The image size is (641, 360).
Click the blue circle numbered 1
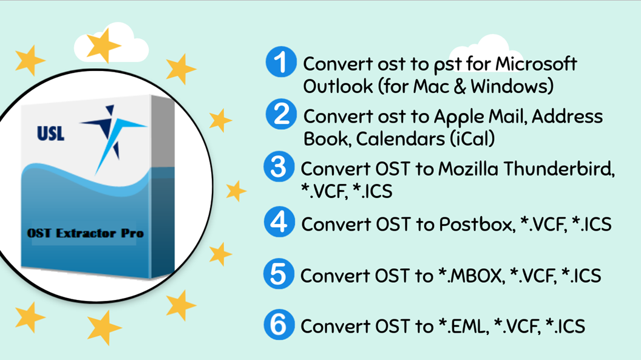pos(280,63)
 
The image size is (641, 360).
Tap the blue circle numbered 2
pos(281,114)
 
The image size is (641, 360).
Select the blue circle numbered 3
pos(279,167)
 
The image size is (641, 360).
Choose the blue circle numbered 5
pos(279,274)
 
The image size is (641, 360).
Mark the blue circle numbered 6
pos(279,325)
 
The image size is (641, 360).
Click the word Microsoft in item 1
pos(537,64)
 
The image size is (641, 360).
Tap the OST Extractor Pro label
pos(85,233)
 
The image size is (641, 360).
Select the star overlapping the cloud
pos(103,46)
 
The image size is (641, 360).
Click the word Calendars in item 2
pos(391,139)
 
